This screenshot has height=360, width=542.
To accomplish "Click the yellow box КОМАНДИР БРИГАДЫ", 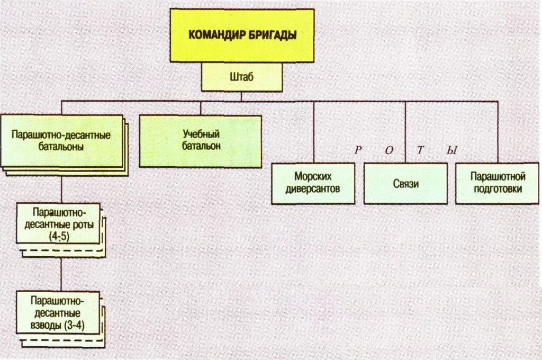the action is [x=242, y=35].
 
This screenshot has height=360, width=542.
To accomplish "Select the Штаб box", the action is [x=242, y=77].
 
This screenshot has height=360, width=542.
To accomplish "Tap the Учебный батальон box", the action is [x=201, y=141].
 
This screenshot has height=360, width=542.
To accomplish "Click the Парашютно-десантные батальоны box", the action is [x=61, y=141].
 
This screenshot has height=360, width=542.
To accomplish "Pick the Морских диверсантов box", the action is [x=313, y=184].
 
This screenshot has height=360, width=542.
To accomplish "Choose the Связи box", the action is [x=405, y=184].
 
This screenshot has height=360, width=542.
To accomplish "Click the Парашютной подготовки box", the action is [x=498, y=184].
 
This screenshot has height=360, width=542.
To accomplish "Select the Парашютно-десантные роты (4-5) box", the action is [x=58, y=223].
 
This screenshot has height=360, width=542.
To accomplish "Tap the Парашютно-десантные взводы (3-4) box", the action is [x=58, y=312].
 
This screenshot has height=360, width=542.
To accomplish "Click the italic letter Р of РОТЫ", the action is [x=358, y=150].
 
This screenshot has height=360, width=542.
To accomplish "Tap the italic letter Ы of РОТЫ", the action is [x=451, y=150].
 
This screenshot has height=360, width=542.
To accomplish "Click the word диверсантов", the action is [x=313, y=189].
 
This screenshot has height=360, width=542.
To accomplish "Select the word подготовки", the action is [x=498, y=189].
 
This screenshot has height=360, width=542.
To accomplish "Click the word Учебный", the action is [x=201, y=134].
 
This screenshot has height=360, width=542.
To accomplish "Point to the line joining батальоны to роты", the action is [x=61, y=190].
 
